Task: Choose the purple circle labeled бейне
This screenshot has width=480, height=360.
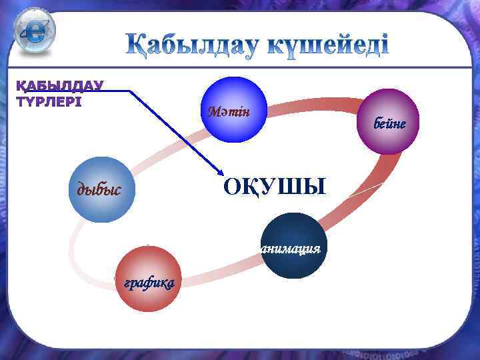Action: click(x=387, y=121)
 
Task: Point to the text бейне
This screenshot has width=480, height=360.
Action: click(x=390, y=125)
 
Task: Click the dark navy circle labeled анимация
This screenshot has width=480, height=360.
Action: click(x=293, y=245)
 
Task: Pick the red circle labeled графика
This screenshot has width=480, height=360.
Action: click(x=147, y=279)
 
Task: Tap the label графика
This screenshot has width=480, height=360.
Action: click(x=147, y=283)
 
